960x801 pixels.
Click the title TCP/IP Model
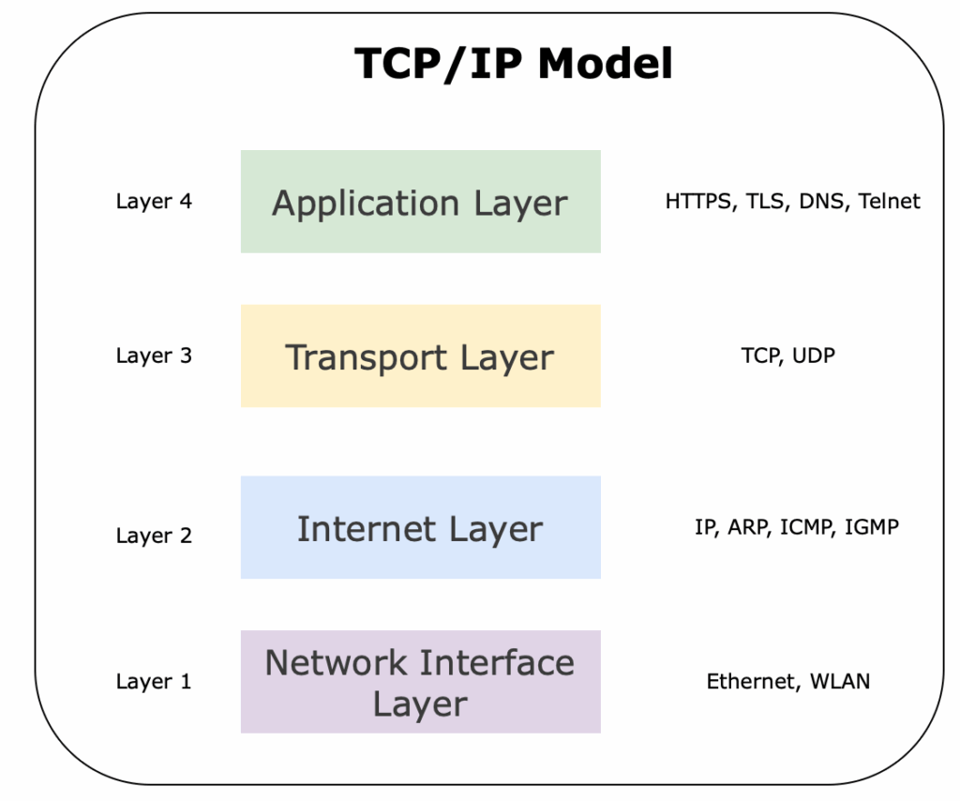pyautogui.click(x=514, y=64)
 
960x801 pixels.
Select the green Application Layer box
pyautogui.click(x=420, y=202)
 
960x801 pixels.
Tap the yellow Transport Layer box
pyautogui.click(x=420, y=356)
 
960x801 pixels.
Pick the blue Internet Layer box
pyautogui.click(x=420, y=527)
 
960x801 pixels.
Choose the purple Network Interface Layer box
pyautogui.click(x=420, y=682)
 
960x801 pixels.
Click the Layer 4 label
pyautogui.click(x=154, y=201)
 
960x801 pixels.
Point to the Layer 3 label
pyautogui.click(x=154, y=355)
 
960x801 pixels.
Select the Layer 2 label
pyautogui.click(x=154, y=536)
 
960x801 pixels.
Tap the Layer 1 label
pyautogui.click(x=154, y=682)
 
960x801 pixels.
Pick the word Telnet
pyautogui.click(x=890, y=201)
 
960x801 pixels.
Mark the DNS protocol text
pyautogui.click(x=822, y=201)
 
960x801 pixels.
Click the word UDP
pyautogui.click(x=814, y=355)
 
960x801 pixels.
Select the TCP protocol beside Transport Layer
pyautogui.click(x=760, y=355)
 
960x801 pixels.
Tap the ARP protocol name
pyautogui.click(x=747, y=527)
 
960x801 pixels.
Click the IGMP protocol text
pyautogui.click(x=872, y=527)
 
